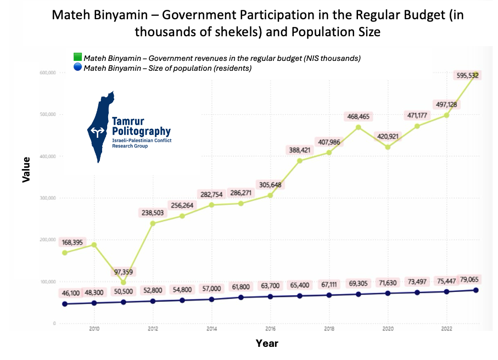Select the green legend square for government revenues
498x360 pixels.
coord(77,58)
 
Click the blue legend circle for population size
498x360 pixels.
coord(77,68)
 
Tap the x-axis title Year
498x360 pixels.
coord(267,344)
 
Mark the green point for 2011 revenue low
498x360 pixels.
coord(124,283)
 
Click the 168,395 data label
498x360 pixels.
coord(74,242)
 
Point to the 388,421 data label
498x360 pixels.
coord(299,150)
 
